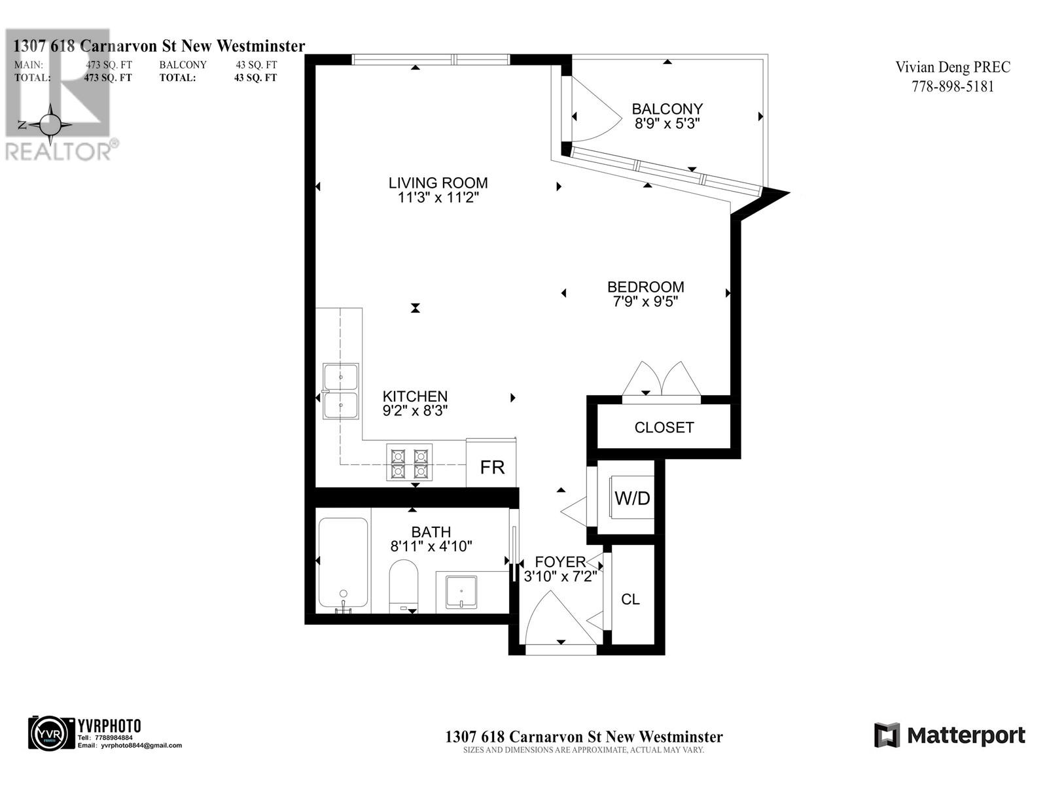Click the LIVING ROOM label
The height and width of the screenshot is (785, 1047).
(x=438, y=183)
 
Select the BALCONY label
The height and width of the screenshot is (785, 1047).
(x=667, y=109)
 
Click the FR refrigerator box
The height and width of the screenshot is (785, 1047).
(x=492, y=467)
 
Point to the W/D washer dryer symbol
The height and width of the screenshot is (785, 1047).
(x=632, y=498)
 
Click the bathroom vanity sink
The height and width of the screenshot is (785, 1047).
(x=461, y=591)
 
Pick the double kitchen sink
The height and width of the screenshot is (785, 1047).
(x=341, y=391)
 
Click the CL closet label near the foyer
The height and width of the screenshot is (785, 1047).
(x=630, y=599)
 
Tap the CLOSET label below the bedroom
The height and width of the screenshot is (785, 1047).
(x=664, y=427)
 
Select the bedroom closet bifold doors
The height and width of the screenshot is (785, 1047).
(x=662, y=379)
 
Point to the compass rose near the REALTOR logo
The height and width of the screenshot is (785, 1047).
(x=50, y=124)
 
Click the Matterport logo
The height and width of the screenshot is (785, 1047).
(x=949, y=735)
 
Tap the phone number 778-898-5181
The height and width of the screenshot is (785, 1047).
(x=952, y=86)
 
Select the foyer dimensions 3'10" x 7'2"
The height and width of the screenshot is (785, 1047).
(x=559, y=576)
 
